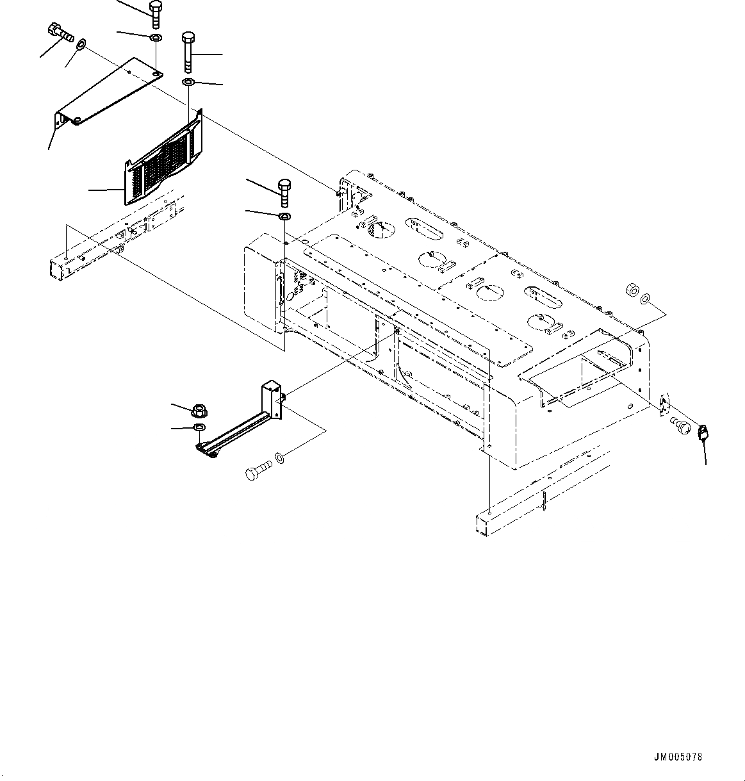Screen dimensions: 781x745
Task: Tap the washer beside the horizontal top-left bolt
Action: (x=81, y=45)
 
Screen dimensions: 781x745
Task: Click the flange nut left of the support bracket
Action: (x=197, y=408)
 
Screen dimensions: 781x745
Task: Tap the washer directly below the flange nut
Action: (x=199, y=427)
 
